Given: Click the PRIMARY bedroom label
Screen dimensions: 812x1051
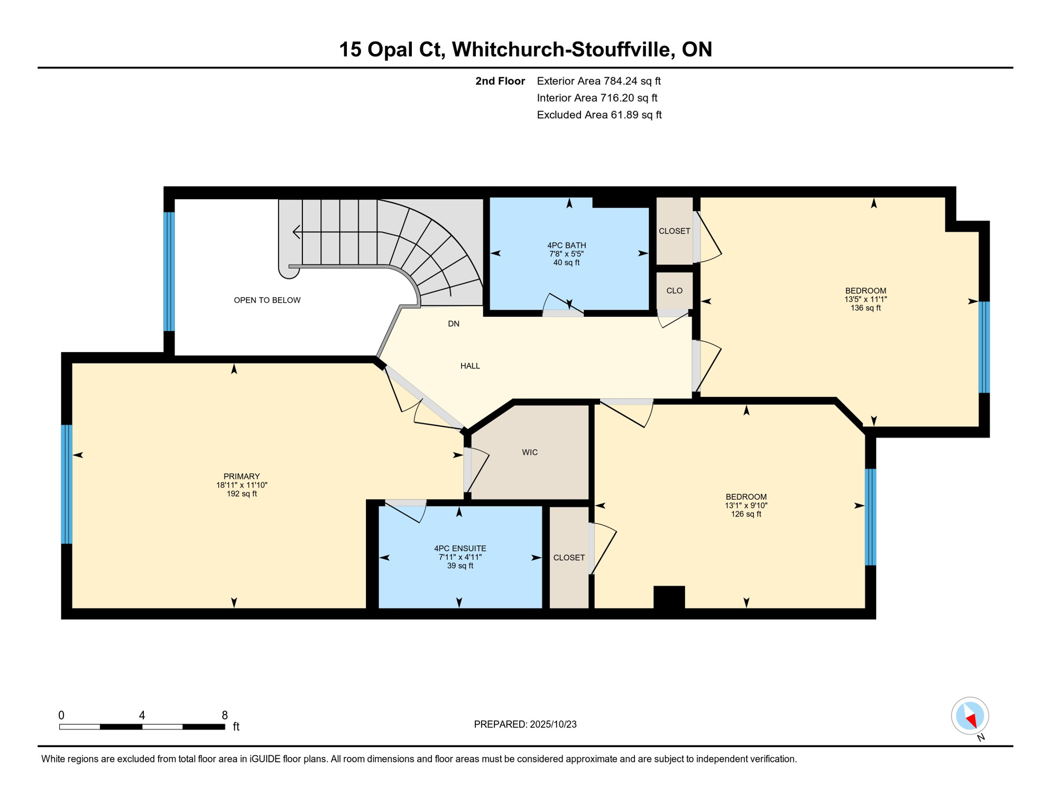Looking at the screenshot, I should [x=242, y=476].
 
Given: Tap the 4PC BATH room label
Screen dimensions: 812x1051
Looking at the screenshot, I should [x=566, y=245].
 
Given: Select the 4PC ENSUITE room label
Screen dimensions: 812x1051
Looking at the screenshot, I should [x=460, y=549].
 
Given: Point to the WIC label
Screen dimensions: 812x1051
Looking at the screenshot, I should [x=530, y=453].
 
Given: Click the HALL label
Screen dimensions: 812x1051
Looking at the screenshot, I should [x=470, y=366].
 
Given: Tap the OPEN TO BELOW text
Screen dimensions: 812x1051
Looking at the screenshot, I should [x=267, y=300].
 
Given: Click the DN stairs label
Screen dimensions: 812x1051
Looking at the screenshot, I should [x=454, y=324].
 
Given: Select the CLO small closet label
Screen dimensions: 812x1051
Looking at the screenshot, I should [x=674, y=291].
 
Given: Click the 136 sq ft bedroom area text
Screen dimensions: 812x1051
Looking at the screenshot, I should [x=865, y=308].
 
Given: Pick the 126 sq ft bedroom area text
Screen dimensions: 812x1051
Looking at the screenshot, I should [x=746, y=514].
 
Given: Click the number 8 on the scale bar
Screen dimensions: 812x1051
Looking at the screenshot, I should [x=225, y=715].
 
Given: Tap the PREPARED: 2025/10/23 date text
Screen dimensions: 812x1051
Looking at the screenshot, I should [x=525, y=724].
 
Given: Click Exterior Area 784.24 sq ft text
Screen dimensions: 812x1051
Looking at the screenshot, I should [x=598, y=81].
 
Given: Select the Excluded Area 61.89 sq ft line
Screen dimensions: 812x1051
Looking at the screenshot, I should [x=599, y=115].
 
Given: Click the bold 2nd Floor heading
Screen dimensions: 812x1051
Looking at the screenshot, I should [x=500, y=81].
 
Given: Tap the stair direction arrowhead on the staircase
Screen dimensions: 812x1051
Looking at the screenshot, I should [x=297, y=232].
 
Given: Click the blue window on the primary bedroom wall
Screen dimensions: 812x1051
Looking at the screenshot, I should [x=67, y=484].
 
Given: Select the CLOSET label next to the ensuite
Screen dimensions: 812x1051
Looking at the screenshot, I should [x=569, y=558].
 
